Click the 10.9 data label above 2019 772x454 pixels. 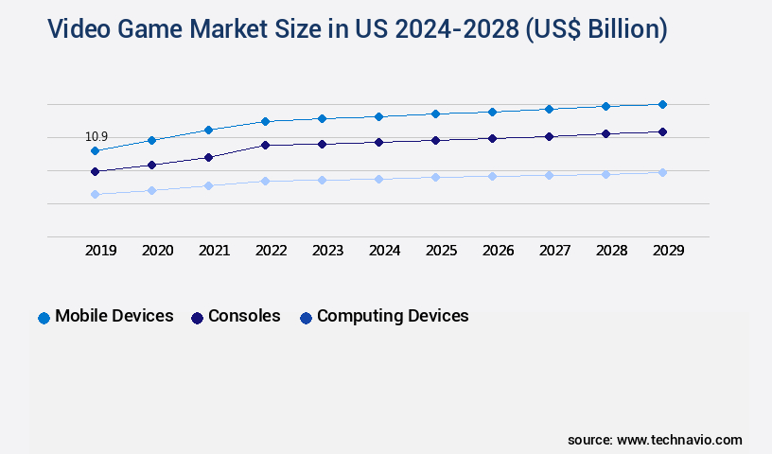click(96, 137)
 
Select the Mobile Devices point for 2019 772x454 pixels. click(95, 150)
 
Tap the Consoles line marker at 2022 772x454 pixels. click(265, 145)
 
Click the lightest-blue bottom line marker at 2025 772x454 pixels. click(435, 177)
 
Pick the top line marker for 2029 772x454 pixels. click(662, 104)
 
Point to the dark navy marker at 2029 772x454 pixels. click(662, 131)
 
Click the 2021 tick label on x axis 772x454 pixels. click(214, 251)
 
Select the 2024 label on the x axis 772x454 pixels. click(384, 251)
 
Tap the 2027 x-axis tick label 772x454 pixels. click(554, 251)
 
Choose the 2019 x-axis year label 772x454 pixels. click(100, 251)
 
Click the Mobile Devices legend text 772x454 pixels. click(114, 316)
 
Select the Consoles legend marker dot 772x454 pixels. click(197, 318)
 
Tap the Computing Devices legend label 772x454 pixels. click(393, 316)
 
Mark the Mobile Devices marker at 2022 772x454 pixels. click(265, 121)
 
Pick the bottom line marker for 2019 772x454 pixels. click(95, 194)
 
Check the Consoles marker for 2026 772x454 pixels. click(492, 138)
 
